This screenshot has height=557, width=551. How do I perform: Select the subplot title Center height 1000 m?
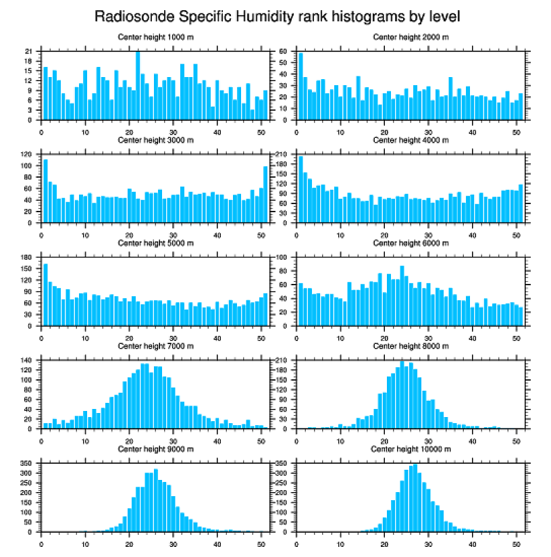click(x=155, y=37)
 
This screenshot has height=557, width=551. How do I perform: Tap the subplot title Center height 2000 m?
click(x=411, y=37)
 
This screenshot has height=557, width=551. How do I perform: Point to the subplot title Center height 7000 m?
click(x=155, y=345)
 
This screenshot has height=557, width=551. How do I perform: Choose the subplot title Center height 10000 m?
click(x=411, y=449)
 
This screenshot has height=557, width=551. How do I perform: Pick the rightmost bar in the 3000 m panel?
click(x=265, y=194)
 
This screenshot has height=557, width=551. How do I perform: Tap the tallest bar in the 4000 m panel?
click(x=300, y=189)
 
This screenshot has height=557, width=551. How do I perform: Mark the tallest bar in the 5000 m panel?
click(x=45, y=294)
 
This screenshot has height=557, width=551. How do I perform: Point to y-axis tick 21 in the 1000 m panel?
click(x=28, y=51)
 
